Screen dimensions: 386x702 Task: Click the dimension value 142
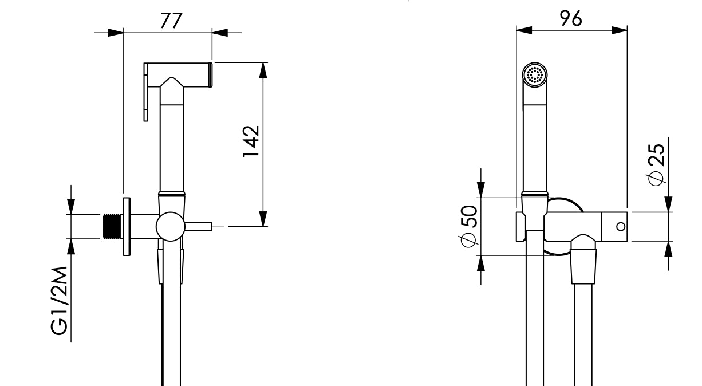(251, 141)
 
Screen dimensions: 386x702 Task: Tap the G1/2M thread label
(59, 299)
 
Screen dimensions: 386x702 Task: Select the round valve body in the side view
(171, 226)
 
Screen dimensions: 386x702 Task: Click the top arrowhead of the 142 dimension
(263, 69)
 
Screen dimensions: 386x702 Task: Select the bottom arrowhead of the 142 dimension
(263, 219)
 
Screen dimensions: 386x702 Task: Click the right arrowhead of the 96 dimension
(620, 30)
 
